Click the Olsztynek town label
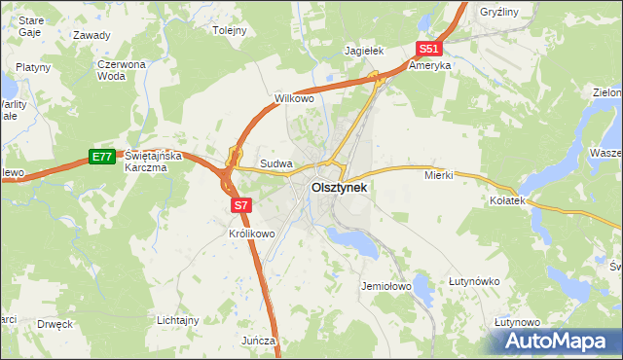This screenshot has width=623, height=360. pos(339,189)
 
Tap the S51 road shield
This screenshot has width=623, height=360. pos(429,49)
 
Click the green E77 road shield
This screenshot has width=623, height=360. pos(101,156)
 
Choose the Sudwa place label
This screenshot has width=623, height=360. pos(276,164)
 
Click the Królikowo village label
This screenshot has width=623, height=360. pos(252,234)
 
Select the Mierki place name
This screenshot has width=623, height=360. pos(439,176)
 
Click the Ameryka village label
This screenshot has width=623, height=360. pos(429,66)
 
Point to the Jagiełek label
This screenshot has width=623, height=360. pos(366,50)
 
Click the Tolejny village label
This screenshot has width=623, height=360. pos(230,30)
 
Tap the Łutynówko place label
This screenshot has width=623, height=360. pos(474,281)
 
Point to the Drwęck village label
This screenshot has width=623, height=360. pos(55,323)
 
